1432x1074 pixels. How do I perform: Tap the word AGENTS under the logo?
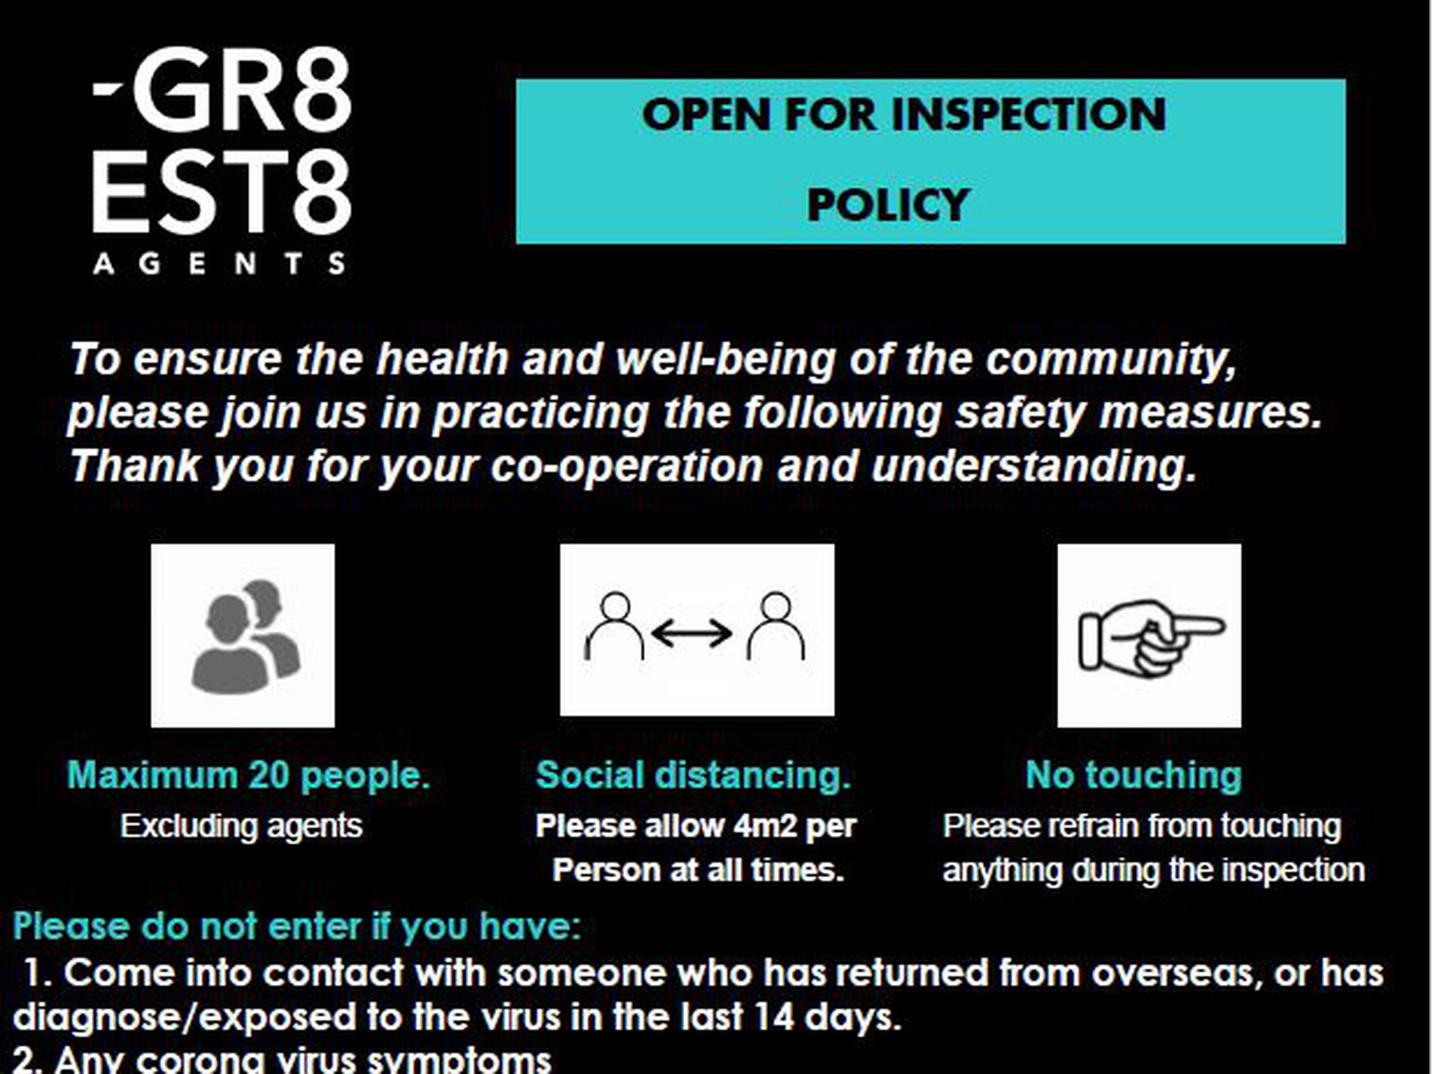pos(219,263)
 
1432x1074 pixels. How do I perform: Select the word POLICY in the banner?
pos(888,205)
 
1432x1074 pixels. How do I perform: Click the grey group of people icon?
pos(246,636)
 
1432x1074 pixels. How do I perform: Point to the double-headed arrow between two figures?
pos(691,633)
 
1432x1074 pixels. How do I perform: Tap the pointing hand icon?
pos(1150,637)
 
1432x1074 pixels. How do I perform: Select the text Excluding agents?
pos(241,826)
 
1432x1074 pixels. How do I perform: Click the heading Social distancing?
pos(693,776)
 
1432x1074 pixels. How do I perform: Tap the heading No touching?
pos(1134,776)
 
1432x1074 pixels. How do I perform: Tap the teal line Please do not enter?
pos(298,926)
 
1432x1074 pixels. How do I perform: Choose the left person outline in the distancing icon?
pos(615,626)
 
